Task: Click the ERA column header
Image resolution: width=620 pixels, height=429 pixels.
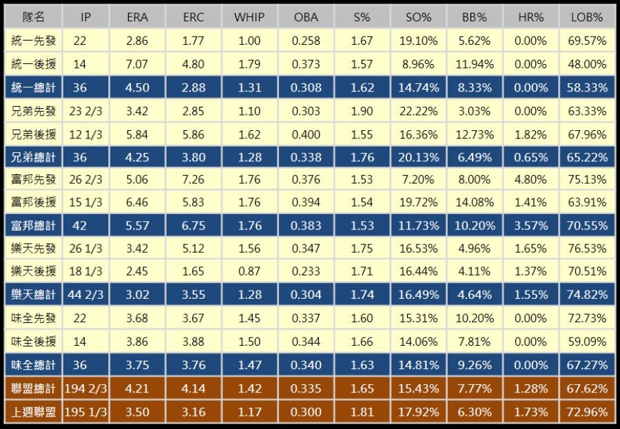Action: pyautogui.click(x=137, y=17)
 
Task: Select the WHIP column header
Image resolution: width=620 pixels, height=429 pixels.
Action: pyautogui.click(x=249, y=17)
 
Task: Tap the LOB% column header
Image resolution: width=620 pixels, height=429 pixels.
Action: pyautogui.click(x=588, y=17)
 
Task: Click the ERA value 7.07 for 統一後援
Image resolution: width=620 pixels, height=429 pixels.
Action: pyautogui.click(x=137, y=64)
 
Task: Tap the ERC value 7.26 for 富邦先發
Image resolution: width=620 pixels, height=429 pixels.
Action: pyautogui.click(x=194, y=180)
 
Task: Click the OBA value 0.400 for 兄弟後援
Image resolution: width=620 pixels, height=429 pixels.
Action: pyautogui.click(x=306, y=134)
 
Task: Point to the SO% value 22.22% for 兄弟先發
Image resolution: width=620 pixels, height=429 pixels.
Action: pyautogui.click(x=418, y=110)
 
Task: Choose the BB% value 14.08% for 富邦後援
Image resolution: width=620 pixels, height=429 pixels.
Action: pyautogui.click(x=475, y=202)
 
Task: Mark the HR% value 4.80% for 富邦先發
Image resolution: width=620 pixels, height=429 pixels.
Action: pyautogui.click(x=530, y=180)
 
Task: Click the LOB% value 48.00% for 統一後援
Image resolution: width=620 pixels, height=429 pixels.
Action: pyautogui.click(x=588, y=64)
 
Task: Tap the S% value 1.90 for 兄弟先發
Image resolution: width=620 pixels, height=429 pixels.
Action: pyautogui.click(x=362, y=110)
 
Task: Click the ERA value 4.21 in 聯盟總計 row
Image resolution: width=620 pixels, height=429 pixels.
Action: pyautogui.click(x=137, y=388)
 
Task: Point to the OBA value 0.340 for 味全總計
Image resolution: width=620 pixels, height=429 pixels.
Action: pyautogui.click(x=306, y=365)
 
